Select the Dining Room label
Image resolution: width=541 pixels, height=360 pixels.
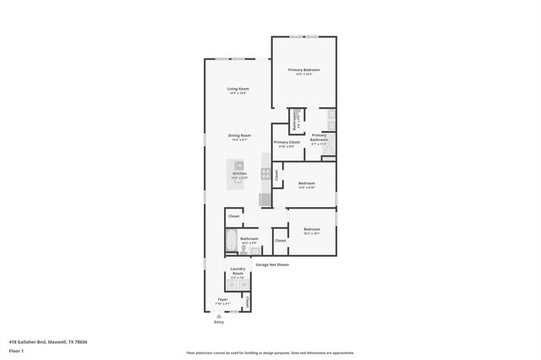[x=239, y=136]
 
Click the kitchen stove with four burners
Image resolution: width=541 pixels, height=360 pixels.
[x=265, y=175]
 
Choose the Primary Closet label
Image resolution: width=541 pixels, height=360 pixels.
[x=287, y=143]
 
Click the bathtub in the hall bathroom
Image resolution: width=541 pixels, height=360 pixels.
[x=232, y=243]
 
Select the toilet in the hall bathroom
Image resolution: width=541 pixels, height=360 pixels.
[x=244, y=249]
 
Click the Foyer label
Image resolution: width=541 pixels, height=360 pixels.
[x=223, y=299]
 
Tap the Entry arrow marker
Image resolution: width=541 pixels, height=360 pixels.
[x=218, y=315]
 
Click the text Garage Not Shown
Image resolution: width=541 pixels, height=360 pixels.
[x=272, y=265]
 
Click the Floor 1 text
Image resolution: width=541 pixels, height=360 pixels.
[x=15, y=350]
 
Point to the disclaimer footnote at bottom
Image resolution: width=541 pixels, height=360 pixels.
[x=270, y=352]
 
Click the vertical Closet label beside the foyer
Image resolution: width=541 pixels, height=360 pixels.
[x=247, y=302]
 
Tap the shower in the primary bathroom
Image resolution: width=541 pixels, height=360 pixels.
[x=329, y=149]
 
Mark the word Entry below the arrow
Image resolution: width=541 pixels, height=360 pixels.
[x=219, y=322]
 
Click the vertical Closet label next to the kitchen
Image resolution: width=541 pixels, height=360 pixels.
[x=276, y=175]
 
